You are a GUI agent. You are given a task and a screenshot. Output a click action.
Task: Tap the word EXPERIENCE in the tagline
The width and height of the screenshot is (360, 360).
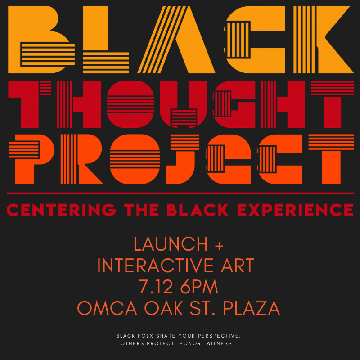(x=295, y=210)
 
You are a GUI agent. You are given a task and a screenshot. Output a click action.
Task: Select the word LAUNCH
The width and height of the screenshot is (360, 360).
(x=171, y=244)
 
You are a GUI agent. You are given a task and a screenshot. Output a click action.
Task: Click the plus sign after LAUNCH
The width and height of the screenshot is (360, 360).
(x=219, y=246)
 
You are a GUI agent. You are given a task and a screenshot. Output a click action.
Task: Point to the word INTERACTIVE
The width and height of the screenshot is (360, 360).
(x=157, y=265)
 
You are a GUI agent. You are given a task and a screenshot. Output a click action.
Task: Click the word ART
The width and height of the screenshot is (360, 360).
(x=238, y=265)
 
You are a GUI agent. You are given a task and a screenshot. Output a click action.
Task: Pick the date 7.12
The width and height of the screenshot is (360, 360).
(x=156, y=287)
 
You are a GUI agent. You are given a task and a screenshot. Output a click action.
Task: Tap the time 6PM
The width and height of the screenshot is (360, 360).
(x=199, y=287)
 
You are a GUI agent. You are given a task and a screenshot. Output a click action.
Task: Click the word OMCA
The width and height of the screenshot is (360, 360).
(x=107, y=308)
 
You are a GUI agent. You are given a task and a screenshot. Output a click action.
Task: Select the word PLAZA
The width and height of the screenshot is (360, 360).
(x=252, y=308)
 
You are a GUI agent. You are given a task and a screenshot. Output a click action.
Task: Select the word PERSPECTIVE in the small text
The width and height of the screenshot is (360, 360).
(x=220, y=336)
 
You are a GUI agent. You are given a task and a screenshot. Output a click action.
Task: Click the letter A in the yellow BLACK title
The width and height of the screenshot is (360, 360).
(x=176, y=40)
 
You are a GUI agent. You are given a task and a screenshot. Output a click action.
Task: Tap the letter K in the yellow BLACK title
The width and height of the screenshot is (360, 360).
(x=324, y=40)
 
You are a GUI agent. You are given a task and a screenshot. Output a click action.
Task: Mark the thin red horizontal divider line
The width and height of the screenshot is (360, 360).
(x=180, y=193)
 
